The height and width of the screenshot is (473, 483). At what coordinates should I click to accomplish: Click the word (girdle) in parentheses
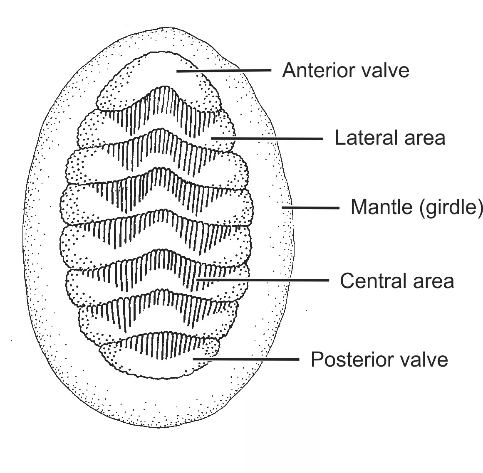click(x=451, y=207)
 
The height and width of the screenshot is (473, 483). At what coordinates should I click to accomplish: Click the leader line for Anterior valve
click(x=225, y=71)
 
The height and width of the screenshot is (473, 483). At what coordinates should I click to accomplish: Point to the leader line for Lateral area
click(x=266, y=138)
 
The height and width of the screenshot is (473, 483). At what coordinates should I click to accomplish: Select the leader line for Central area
click(x=262, y=281)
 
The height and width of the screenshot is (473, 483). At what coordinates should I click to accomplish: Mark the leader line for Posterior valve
click(x=245, y=359)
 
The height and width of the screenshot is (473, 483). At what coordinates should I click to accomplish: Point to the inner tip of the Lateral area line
click(x=212, y=138)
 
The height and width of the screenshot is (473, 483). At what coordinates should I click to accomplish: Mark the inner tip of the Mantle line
click(x=283, y=207)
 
